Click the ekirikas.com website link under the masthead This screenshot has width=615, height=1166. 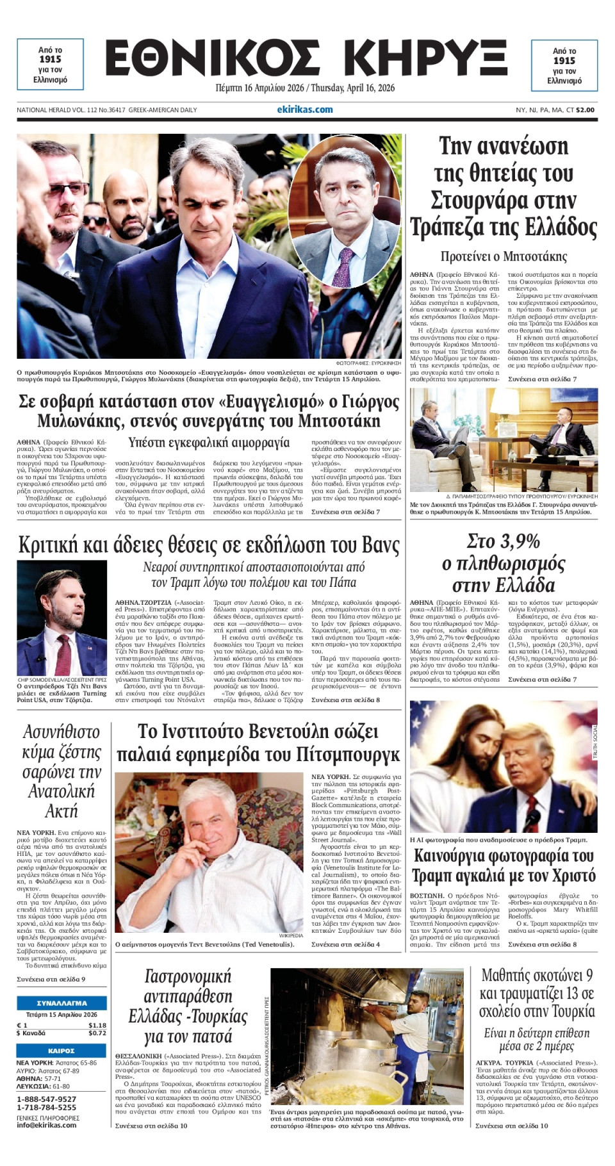tap(305, 110)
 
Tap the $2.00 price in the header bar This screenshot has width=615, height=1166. tap(585, 110)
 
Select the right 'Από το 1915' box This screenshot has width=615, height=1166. tap(564, 65)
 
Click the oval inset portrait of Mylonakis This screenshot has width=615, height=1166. tap(345, 211)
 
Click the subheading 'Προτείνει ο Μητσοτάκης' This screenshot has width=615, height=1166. tap(504, 256)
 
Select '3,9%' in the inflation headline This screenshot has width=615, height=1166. tap(504, 542)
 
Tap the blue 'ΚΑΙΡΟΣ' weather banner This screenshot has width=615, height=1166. tap(61, 1051)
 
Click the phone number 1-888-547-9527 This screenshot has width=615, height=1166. tap(46, 1099)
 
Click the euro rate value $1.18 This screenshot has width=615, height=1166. tap(97, 1025)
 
